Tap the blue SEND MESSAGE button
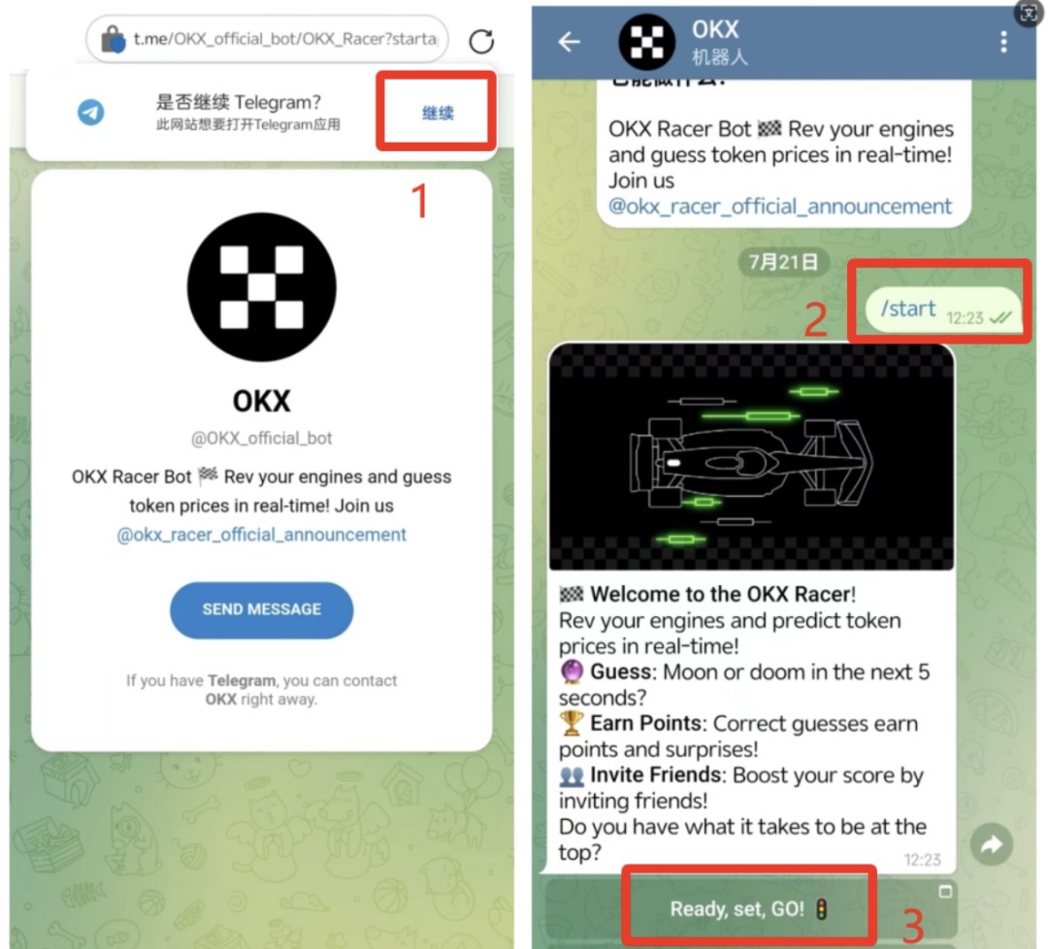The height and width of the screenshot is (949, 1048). pyautogui.click(x=261, y=609)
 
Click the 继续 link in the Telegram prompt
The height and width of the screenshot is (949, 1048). pyautogui.click(x=438, y=113)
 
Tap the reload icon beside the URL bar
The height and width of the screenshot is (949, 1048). pyautogui.click(x=481, y=42)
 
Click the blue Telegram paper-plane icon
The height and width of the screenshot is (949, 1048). pyautogui.click(x=91, y=113)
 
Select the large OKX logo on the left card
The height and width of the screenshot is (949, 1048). pyautogui.click(x=261, y=287)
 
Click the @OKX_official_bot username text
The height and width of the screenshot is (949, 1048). pyautogui.click(x=261, y=439)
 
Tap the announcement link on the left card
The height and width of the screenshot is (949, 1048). pyautogui.click(x=261, y=535)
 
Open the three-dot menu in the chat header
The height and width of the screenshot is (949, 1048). pyautogui.click(x=1003, y=42)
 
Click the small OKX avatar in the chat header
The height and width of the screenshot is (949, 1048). pyautogui.click(x=646, y=42)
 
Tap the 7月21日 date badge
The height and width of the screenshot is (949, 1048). pyautogui.click(x=783, y=261)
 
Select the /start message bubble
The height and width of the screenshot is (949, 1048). pyautogui.click(x=943, y=310)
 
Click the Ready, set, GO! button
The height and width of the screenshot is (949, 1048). pyautogui.click(x=748, y=909)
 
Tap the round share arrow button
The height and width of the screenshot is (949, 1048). pyautogui.click(x=991, y=845)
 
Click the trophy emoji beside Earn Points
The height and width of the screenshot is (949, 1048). pyautogui.click(x=572, y=723)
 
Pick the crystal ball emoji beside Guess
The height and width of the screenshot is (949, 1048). pyautogui.click(x=572, y=671)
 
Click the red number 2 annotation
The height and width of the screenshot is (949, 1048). pyautogui.click(x=815, y=319)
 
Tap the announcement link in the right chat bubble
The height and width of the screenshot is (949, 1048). pyautogui.click(x=779, y=207)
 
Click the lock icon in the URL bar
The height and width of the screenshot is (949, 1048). pyautogui.click(x=113, y=40)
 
